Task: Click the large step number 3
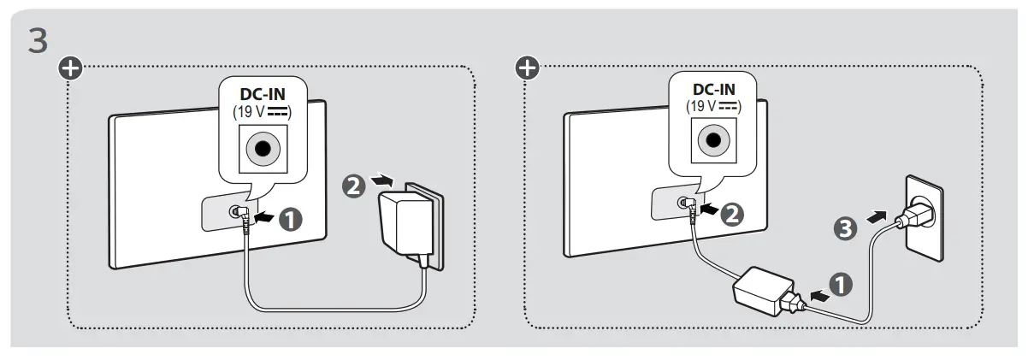[38, 41]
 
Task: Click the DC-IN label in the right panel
[712, 90]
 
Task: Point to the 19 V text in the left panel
[256, 109]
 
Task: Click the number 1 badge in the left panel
[293, 220]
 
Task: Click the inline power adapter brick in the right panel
[763, 293]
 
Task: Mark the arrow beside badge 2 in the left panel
[386, 180]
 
